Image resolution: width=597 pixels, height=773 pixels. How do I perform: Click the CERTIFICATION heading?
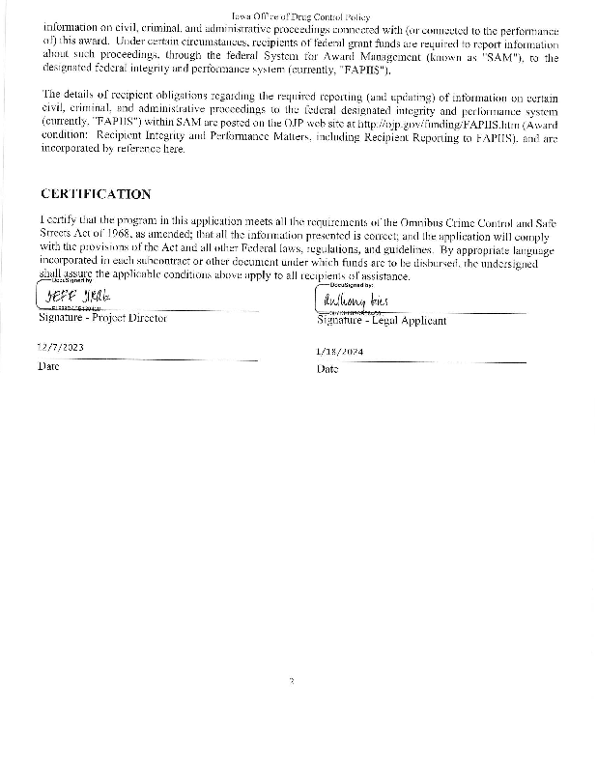click(x=96, y=194)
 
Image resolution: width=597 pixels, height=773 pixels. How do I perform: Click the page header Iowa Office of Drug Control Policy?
click(x=296, y=17)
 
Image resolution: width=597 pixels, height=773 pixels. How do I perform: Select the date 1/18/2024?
click(x=339, y=352)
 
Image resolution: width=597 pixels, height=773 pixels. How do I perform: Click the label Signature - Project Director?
click(x=102, y=318)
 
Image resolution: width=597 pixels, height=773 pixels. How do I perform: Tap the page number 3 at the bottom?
click(x=291, y=681)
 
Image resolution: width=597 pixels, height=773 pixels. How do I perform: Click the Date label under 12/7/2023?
click(x=47, y=366)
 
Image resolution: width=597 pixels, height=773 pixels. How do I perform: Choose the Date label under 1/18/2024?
click(x=327, y=369)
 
